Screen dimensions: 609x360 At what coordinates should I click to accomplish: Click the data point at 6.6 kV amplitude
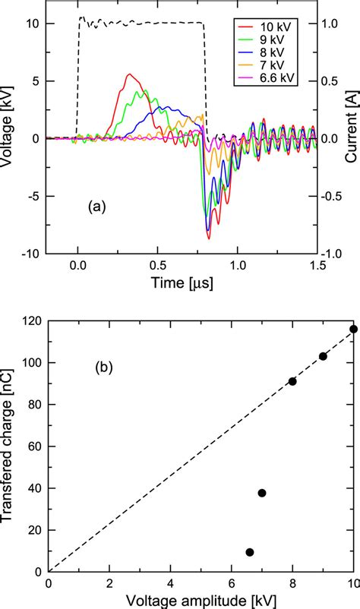[250, 552]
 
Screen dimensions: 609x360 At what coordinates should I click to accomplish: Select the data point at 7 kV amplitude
[262, 493]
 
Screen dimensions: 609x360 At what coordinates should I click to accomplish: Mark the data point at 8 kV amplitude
[292, 381]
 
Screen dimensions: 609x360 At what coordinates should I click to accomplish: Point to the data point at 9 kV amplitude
[323, 356]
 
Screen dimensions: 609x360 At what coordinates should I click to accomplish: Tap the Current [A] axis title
[351, 137]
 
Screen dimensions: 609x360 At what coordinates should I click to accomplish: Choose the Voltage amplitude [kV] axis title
[201, 598]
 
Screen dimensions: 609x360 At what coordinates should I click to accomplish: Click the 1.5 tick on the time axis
[317, 267]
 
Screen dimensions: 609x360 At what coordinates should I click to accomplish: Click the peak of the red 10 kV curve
[130, 74]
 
